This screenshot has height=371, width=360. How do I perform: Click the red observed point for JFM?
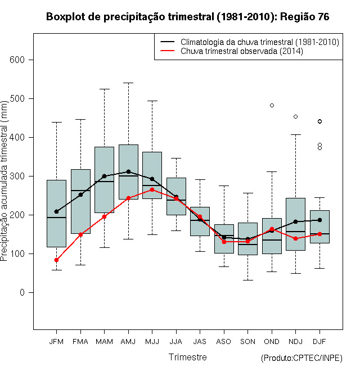[x=56, y=260]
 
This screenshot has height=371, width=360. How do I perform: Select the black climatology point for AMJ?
[x=128, y=171]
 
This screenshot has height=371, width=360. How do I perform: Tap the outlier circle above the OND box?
[x=272, y=106]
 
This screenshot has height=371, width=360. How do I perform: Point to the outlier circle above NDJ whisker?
[x=295, y=117]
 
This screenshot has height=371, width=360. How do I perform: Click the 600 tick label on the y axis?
[x=17, y=60]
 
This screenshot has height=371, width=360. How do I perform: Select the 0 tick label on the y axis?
[x=22, y=293]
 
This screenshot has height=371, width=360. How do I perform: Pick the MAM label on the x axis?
[x=104, y=342]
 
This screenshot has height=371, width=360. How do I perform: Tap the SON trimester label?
[x=247, y=342]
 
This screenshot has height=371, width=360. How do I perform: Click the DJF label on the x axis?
[x=319, y=342]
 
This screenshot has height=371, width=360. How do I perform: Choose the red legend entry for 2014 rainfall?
[x=241, y=51]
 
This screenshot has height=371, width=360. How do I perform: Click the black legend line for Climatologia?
[x=168, y=42]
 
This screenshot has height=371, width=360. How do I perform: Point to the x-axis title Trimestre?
[x=187, y=357]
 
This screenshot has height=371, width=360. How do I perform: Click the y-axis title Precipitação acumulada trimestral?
[x=4, y=181]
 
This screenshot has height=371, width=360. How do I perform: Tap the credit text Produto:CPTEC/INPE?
[x=301, y=358]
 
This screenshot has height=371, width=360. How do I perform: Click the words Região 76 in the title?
[x=304, y=17]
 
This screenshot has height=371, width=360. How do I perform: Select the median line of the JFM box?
[x=56, y=218]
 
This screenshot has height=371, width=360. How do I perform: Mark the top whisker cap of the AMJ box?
[x=128, y=83]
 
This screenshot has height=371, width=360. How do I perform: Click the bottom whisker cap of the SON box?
[x=247, y=280]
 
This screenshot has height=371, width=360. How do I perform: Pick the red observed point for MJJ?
[x=152, y=189]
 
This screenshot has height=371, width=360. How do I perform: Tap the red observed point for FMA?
[x=80, y=235]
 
